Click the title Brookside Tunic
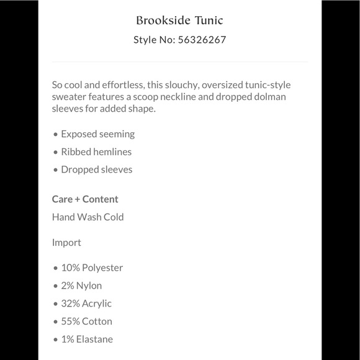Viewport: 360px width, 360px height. coord(179,20)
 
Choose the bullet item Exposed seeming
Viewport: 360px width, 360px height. coord(97,134)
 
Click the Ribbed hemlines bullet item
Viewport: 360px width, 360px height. coord(96,151)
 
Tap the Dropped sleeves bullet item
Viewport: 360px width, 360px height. coord(96,169)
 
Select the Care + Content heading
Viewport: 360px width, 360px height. coord(85,199)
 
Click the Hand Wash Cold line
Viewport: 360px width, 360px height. coord(88,217)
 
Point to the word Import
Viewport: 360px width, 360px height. coord(66,243)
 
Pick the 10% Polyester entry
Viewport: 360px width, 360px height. coord(92,268)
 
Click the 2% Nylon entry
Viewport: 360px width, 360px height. coord(81,286)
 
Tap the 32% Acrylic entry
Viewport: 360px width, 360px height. coord(86,304)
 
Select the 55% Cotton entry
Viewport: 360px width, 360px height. coord(86,322)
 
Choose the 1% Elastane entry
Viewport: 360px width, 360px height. coord(87,340)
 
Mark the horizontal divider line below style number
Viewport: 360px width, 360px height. coord(179,61)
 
